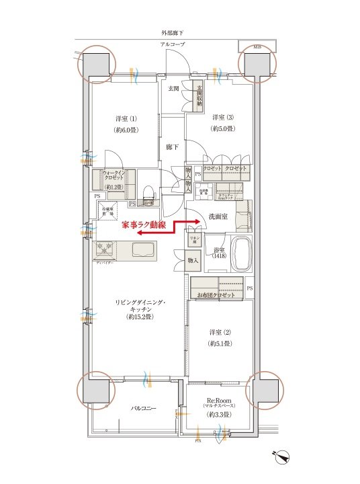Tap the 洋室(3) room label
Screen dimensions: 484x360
coord(222,117)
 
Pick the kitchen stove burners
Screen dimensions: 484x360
coord(106,249)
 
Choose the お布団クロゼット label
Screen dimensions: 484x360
coord(216,296)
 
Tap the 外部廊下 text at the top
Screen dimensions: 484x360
coord(173,32)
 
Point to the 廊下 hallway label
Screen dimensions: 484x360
coord(172,147)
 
